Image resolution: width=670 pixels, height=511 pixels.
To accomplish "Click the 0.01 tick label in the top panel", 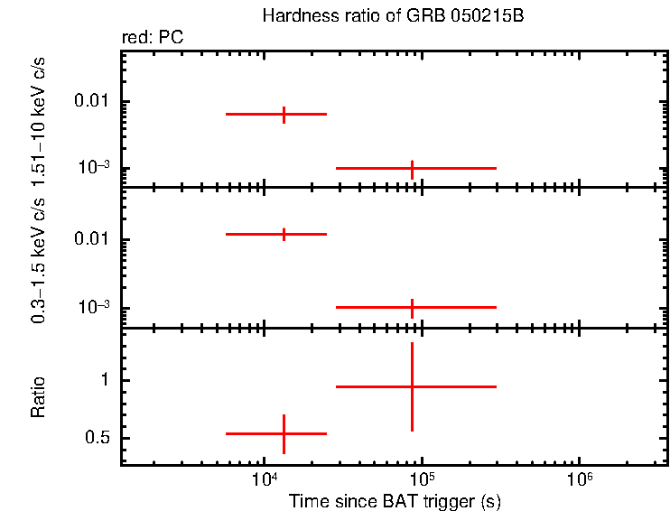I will (x=93, y=101).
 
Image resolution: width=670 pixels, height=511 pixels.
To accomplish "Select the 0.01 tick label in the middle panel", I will (x=93, y=240).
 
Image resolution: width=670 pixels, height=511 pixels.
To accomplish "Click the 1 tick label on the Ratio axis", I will (x=104, y=380).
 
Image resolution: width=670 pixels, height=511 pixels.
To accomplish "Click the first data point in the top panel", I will (x=284, y=115).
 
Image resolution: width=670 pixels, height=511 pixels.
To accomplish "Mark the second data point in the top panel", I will (x=413, y=168).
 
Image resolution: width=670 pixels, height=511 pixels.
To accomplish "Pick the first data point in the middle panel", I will (x=284, y=234).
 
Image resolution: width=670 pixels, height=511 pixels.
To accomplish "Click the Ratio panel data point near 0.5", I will (x=284, y=433).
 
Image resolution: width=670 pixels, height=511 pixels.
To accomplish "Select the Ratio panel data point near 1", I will (x=413, y=386).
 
